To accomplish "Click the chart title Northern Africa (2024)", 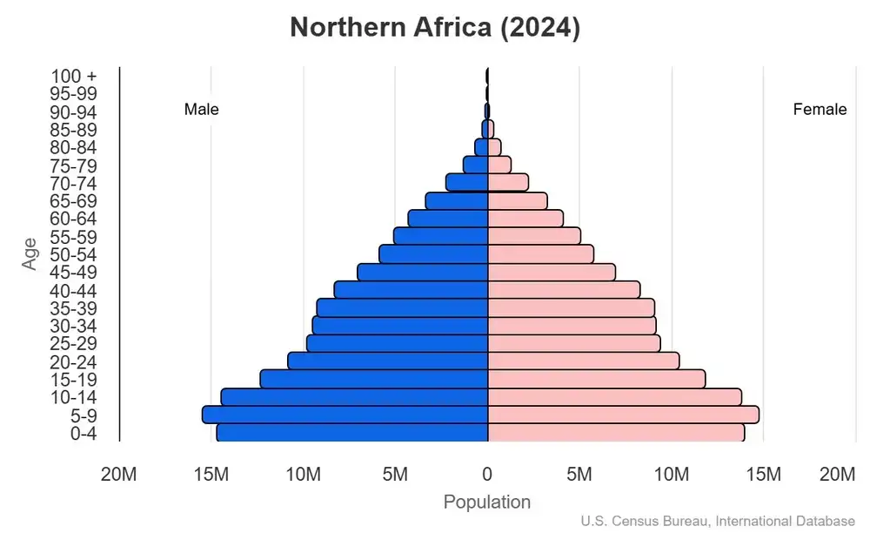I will tap(435, 28).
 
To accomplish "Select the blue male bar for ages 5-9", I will tap(345, 415).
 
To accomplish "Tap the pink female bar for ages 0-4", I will tap(616, 433).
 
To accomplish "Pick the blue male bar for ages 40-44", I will tap(411, 290).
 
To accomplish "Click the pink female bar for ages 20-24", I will tap(583, 361).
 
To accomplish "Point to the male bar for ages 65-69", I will tap(457, 200).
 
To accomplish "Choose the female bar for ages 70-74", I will tap(508, 183).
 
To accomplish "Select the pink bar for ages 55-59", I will tap(534, 236).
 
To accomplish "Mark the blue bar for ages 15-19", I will tap(374, 379).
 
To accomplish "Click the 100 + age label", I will tap(73, 76).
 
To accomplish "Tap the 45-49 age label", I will tap(73, 273).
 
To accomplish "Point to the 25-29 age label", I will tap(73, 344).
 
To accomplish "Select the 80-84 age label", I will tap(73, 147).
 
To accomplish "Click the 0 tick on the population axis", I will tap(487, 475).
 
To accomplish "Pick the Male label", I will tap(202, 110).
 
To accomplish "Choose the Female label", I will tap(820, 110).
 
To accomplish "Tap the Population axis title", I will tap(487, 503).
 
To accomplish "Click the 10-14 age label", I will tap(73, 397).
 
